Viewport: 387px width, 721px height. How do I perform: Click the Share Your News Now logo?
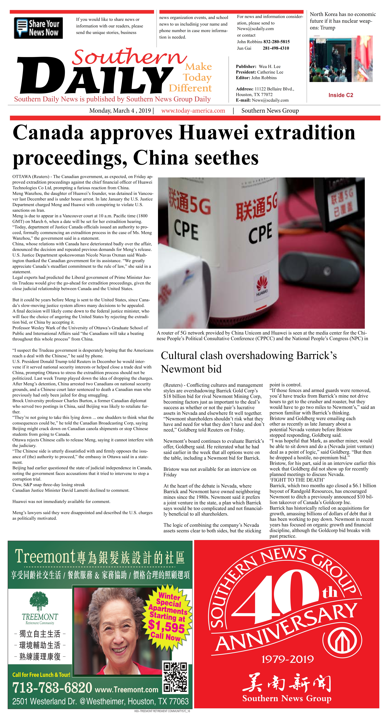pyautogui.click(x=38, y=28)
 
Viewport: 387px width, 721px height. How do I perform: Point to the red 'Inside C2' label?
pyautogui.click(x=341, y=95)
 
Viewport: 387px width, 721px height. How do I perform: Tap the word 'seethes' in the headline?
pyautogui.click(x=226, y=158)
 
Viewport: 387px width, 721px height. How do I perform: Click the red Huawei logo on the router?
pyautogui.click(x=262, y=283)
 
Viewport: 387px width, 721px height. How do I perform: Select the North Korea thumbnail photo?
pyautogui.click(x=341, y=59)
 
